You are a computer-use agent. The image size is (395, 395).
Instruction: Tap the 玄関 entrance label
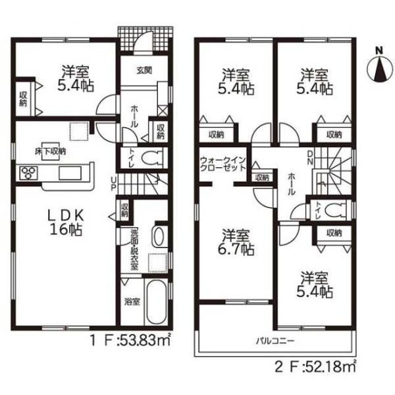pyautogui.click(x=144, y=70)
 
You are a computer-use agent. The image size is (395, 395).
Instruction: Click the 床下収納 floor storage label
pyautogui.click(x=50, y=151)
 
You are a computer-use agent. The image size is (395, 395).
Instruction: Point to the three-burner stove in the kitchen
pyautogui.click(x=28, y=173)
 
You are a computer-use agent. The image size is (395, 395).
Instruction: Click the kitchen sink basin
pyautogui.click(x=70, y=173)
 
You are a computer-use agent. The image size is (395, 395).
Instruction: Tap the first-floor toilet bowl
pyautogui.click(x=151, y=158)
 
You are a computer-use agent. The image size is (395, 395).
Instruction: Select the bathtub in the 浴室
pyautogui.click(x=157, y=302)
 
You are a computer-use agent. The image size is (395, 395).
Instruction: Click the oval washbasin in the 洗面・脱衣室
pyautogui.click(x=159, y=236)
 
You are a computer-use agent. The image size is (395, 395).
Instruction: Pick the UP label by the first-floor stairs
pyautogui.click(x=114, y=184)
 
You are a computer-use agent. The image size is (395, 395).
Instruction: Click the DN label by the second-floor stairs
pyautogui.click(x=310, y=158)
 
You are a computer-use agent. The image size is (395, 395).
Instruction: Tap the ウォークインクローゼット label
pyautogui.click(x=223, y=164)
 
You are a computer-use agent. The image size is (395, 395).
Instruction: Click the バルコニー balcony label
pyautogui.click(x=275, y=341)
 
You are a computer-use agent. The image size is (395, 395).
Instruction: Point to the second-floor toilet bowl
pyautogui.click(x=335, y=209)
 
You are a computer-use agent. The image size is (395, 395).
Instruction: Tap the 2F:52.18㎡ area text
pyautogui.click(x=315, y=367)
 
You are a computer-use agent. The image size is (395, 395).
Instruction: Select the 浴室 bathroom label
pyautogui.click(x=132, y=302)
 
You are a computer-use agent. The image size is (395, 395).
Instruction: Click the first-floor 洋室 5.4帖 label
pyautogui.click(x=75, y=78)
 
